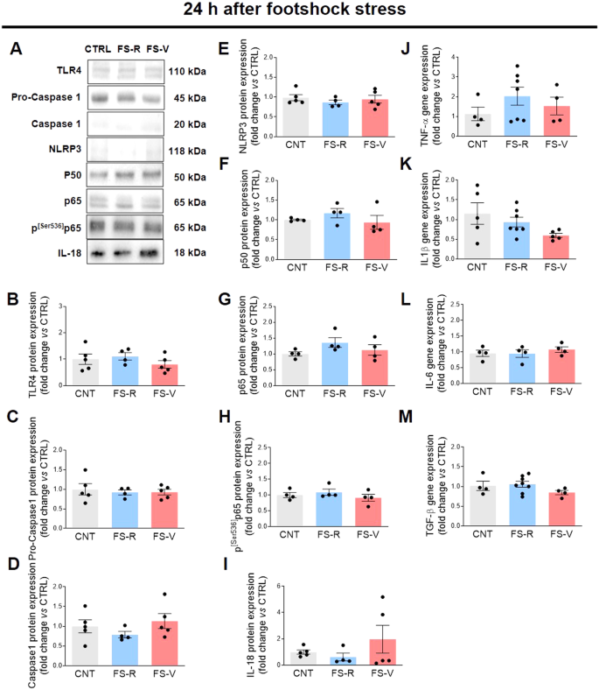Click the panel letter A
point(17,48)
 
